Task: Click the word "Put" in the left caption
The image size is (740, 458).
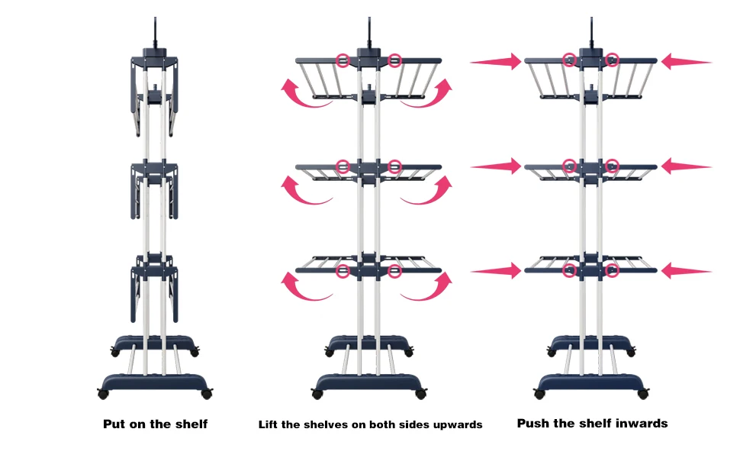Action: click(114, 424)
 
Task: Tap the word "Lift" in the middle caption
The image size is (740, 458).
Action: click(268, 424)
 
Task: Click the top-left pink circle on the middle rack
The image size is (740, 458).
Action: click(343, 60)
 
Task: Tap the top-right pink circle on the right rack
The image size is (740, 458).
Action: click(612, 60)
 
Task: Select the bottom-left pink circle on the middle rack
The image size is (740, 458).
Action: click(343, 270)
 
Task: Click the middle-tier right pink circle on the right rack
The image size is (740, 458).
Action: click(612, 166)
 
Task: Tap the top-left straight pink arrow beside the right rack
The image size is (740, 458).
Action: click(496, 62)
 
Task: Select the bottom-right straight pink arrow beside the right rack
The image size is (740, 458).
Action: click(687, 271)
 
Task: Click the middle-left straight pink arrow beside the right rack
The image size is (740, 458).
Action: click(496, 166)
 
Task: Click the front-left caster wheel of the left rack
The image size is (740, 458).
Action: click(103, 394)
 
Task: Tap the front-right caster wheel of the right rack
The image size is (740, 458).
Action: click(643, 394)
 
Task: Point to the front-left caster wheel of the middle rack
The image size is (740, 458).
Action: click(317, 394)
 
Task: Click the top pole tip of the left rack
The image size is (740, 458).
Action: click(155, 18)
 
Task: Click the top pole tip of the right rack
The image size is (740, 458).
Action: click(591, 18)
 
